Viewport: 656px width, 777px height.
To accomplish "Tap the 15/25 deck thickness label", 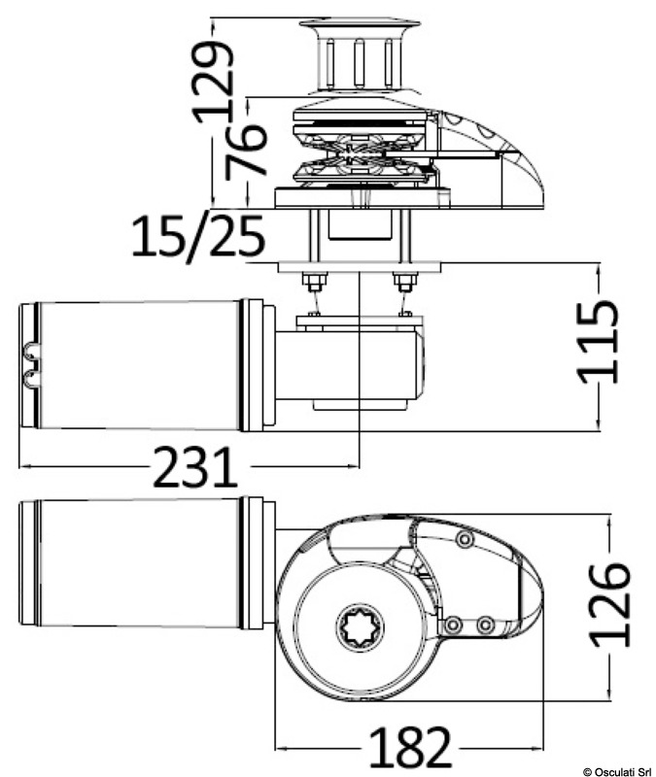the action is (x=199, y=236).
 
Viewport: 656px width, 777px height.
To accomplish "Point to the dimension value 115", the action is (x=599, y=342).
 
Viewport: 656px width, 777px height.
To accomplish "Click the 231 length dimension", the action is (x=195, y=467).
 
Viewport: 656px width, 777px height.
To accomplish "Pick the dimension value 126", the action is (x=610, y=604).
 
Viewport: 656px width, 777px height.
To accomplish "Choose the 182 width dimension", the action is (x=411, y=747).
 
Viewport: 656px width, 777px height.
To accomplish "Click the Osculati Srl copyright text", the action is (x=619, y=771).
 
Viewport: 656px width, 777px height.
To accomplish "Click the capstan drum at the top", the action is (x=360, y=56).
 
